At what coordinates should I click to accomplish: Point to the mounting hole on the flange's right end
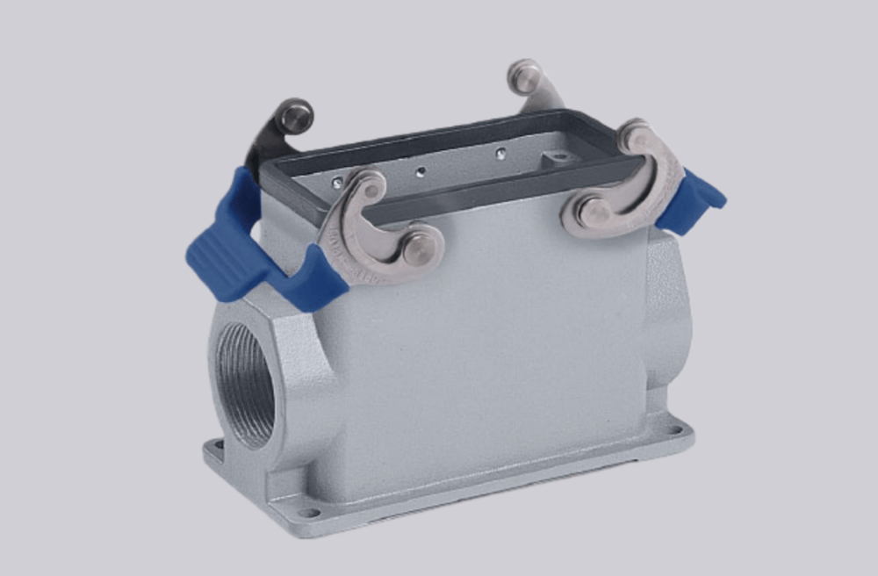coord(674,430)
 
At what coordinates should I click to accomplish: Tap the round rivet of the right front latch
coord(594,212)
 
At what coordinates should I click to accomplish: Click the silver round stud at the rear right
coord(525,76)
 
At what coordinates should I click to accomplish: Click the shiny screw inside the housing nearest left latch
coord(338,184)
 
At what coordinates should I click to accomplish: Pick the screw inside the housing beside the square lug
coord(500,154)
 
